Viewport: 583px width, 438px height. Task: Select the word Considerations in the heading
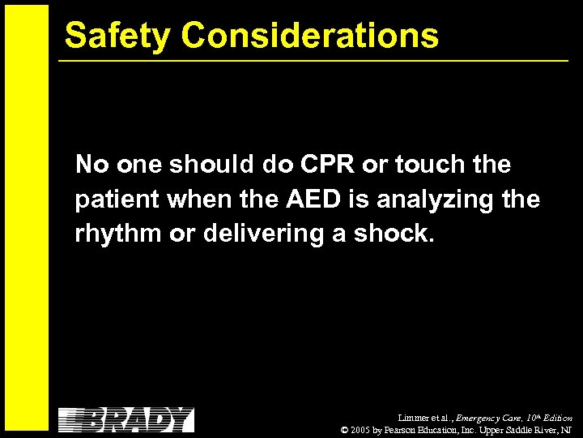[310, 36]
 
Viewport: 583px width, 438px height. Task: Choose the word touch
[428, 165]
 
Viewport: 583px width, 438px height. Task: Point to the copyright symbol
[346, 430]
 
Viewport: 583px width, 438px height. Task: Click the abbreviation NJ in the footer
[567, 430]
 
